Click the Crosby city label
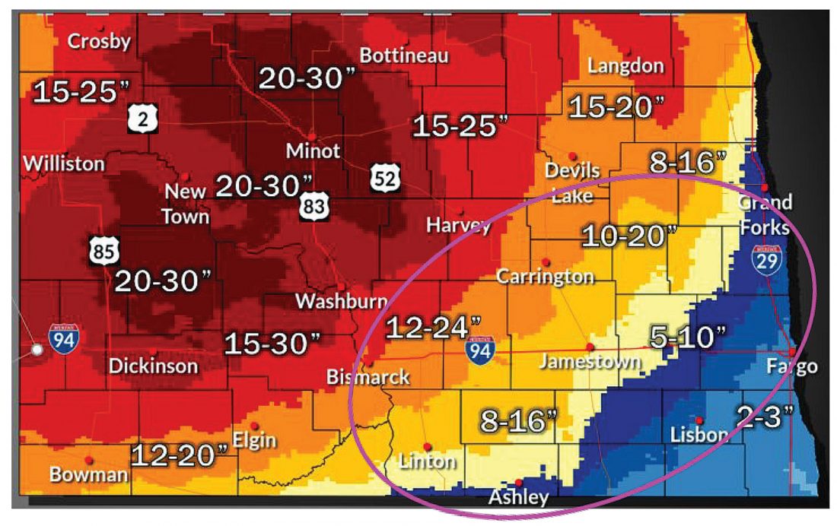pos(99,41)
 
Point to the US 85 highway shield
pos(102,252)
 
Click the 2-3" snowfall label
pos(765,417)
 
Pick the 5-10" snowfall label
pos(689,334)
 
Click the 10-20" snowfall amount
pos(629,236)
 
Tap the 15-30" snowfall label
pos(272,344)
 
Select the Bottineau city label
pos(404,55)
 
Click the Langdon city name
pos(625,66)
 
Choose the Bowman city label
pos(88,475)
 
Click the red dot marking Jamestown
pos(590,346)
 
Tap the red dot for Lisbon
pos(699,420)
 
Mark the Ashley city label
pos(518,498)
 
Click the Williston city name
pos(64,163)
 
